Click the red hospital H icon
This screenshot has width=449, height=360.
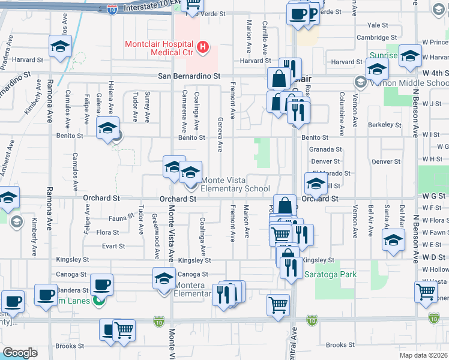point(203,47)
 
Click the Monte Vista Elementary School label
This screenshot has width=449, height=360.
point(235,184)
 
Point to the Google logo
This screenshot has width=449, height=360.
point(20,353)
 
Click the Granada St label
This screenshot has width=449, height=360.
point(325,149)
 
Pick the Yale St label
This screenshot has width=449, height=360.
point(378,25)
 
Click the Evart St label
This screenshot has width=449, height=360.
point(113,246)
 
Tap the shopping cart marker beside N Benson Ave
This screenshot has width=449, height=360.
point(426,292)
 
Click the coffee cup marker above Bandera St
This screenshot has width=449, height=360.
point(101,284)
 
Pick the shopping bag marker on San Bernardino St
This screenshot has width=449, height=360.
point(279,78)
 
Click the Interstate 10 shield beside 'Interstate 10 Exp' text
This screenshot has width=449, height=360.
point(112,8)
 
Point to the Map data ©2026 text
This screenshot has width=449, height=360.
point(424,355)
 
